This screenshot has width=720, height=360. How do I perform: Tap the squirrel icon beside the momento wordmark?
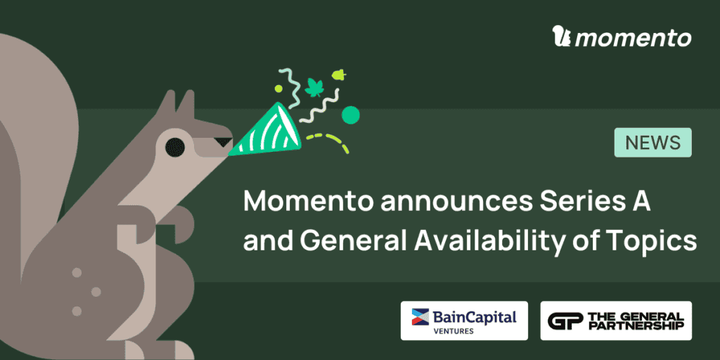tap(562, 37)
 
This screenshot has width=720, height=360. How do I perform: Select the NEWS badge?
tap(653, 142)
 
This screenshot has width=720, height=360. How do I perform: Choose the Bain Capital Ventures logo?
tap(464, 321)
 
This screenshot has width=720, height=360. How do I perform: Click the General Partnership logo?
tap(616, 321)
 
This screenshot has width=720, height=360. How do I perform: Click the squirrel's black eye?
tap(175, 147)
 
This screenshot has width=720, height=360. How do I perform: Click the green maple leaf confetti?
tap(314, 87)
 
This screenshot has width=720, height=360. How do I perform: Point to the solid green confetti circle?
tap(350, 115)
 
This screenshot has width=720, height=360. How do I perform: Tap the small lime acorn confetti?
tap(339, 75)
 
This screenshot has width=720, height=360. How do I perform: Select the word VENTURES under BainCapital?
tap(454, 330)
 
